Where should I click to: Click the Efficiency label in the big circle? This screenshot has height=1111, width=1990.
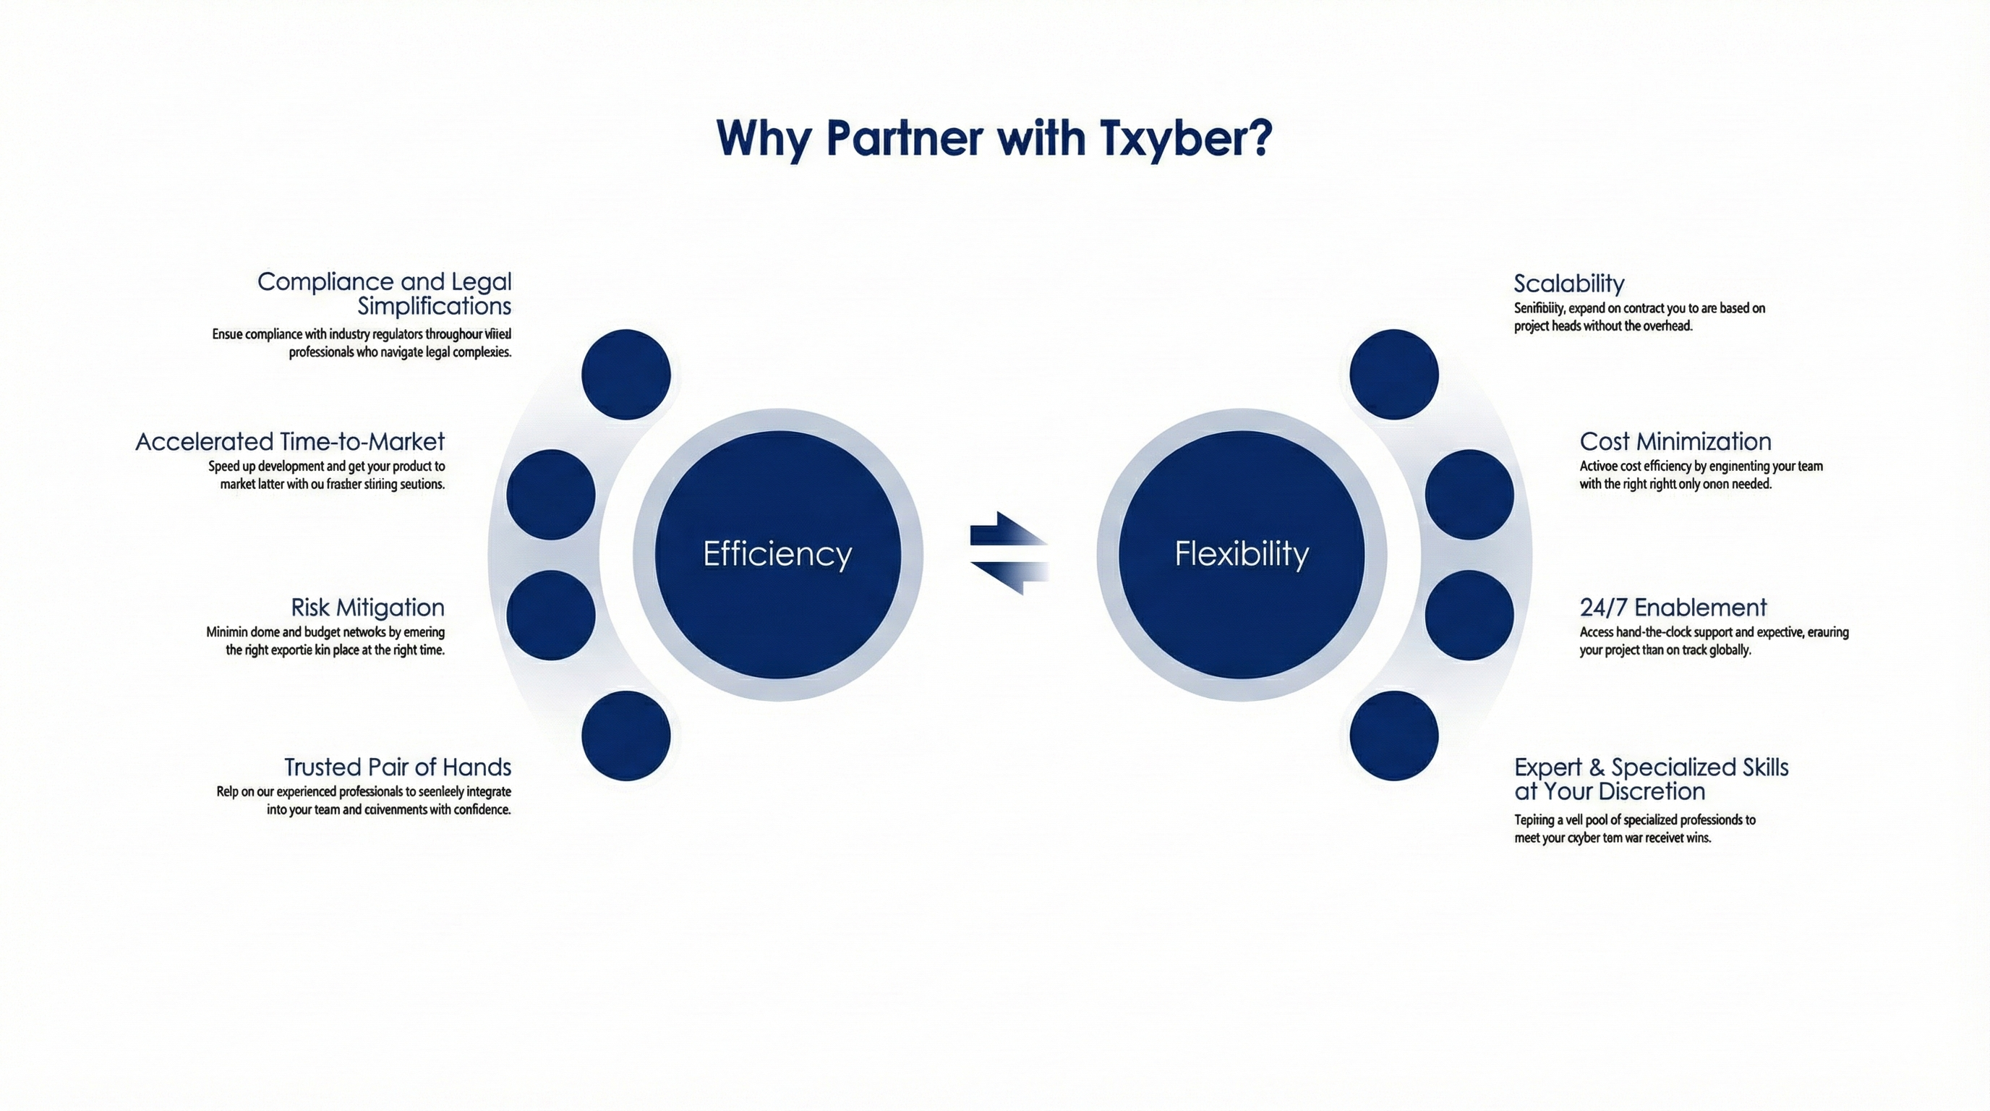click(x=777, y=554)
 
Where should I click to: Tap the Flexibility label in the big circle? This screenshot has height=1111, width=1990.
click(x=1242, y=554)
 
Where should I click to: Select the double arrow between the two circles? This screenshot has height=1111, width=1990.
click(x=1009, y=553)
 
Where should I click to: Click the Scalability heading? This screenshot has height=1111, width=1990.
click(x=1568, y=284)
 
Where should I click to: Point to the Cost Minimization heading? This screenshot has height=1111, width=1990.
click(x=1675, y=441)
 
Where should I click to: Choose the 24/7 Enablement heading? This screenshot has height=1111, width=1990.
click(x=1673, y=608)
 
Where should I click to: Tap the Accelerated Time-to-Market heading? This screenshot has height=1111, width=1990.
click(x=290, y=441)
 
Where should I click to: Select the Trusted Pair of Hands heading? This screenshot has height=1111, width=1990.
click(x=397, y=767)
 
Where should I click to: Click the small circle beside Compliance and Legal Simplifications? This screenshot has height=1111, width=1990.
click(x=625, y=375)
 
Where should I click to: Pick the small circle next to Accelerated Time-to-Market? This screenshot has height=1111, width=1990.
click(x=551, y=495)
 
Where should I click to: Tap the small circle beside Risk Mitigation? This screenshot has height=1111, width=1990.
click(x=551, y=615)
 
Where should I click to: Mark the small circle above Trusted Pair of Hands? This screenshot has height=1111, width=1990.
click(x=625, y=736)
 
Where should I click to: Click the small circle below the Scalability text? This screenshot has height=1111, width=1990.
click(x=1393, y=375)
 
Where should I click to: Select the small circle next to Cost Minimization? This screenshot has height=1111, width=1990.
click(x=1469, y=495)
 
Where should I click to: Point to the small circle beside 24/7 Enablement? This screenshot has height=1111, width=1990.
click(x=1469, y=615)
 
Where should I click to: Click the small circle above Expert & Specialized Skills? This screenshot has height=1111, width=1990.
click(x=1393, y=736)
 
